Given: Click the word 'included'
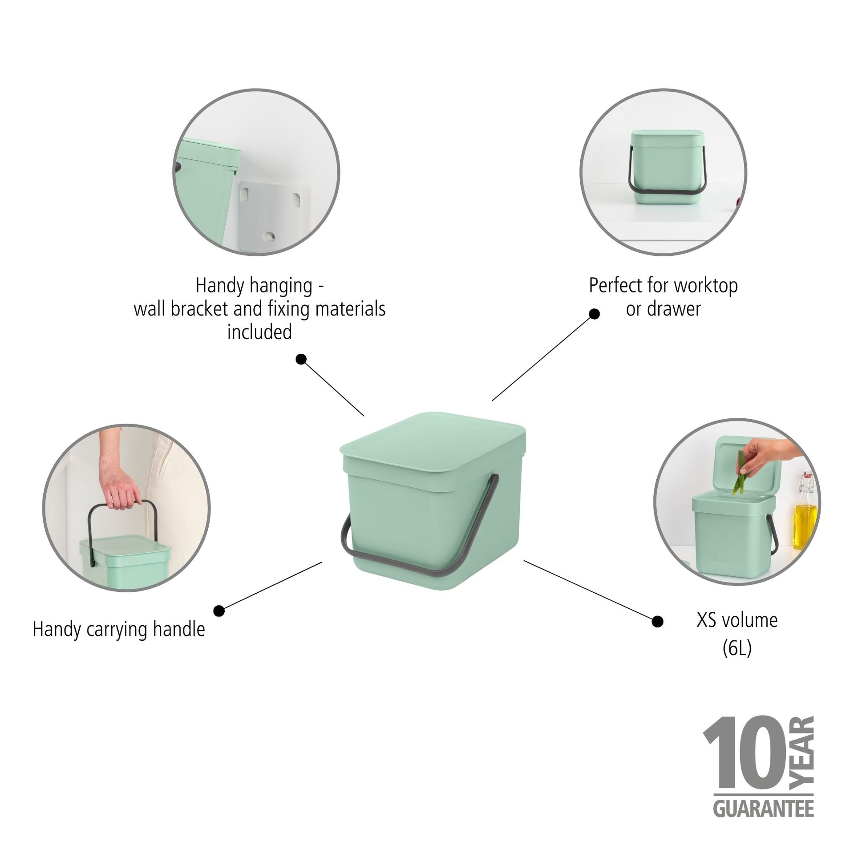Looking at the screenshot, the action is tap(259, 332).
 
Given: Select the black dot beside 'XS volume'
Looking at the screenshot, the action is tap(657, 621).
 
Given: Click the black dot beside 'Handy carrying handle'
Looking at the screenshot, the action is tap(219, 611).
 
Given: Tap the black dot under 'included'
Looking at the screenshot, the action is tap(301, 359).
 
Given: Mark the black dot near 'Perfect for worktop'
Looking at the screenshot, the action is tap(594, 314).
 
